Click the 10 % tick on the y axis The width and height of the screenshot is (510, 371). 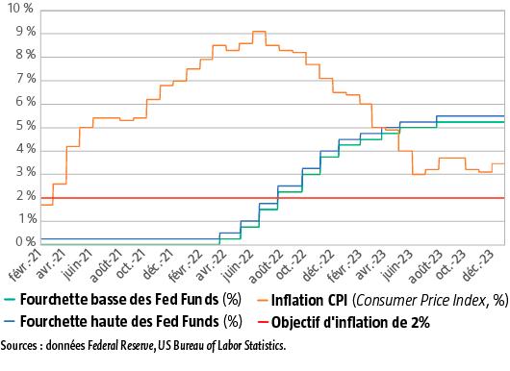pyautogui.click(x=18, y=10)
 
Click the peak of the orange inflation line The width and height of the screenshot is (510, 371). pyautogui.click(x=259, y=32)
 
